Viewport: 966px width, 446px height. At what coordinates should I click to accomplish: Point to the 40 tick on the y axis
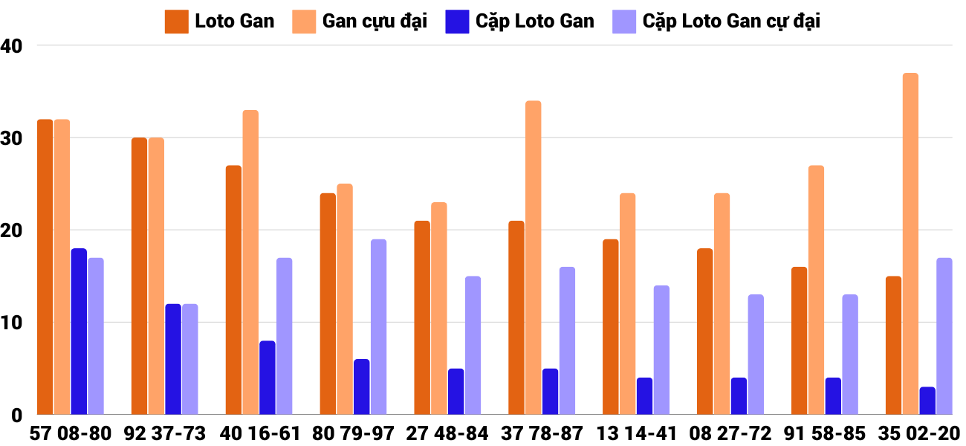click(13, 46)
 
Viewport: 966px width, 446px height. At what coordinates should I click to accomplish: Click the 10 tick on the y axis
click(13, 323)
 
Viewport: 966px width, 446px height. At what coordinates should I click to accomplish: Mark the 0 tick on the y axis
click(17, 416)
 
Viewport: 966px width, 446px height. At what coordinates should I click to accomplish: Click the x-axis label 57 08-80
click(71, 433)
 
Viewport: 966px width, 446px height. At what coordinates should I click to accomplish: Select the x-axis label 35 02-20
click(919, 433)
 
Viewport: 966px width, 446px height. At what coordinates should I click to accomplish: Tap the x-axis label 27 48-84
click(447, 433)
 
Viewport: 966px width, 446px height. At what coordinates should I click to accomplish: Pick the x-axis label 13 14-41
click(636, 433)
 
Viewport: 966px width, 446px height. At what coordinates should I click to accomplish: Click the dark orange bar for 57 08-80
click(45, 267)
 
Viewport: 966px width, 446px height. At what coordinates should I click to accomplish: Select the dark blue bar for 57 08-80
click(79, 332)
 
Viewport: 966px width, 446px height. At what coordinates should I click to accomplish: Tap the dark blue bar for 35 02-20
click(927, 401)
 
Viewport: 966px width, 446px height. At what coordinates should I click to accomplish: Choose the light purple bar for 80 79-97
click(378, 327)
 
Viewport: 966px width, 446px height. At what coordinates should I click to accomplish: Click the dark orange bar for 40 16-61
click(233, 290)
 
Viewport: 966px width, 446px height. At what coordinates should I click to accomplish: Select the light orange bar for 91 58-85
click(816, 290)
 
